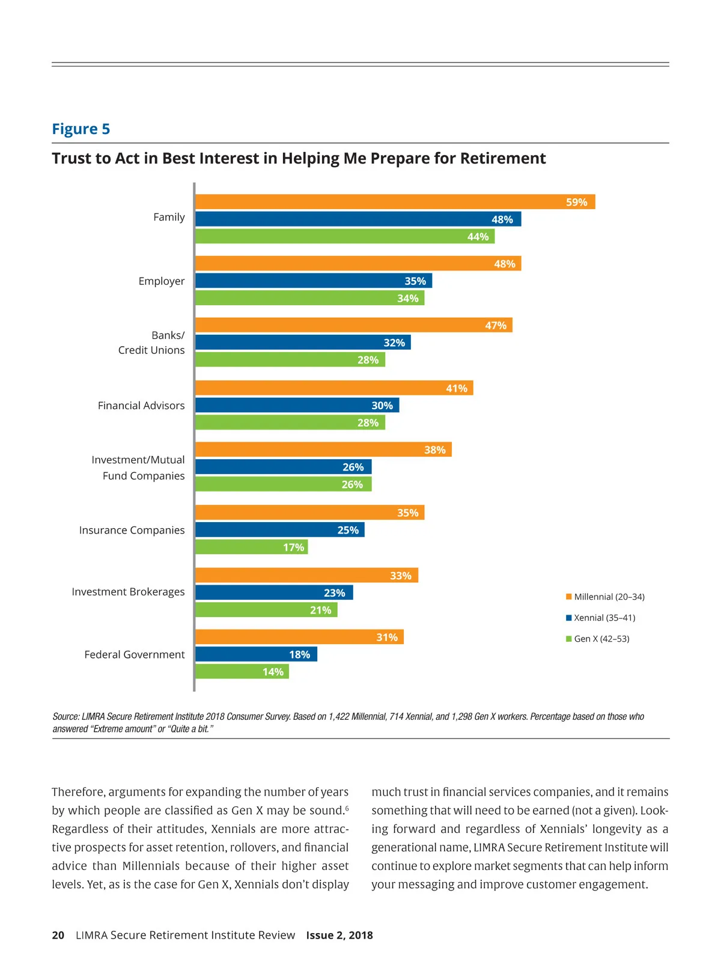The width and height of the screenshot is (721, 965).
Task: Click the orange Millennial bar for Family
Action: tap(395, 202)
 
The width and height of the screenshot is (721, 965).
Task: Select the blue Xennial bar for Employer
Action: tap(313, 281)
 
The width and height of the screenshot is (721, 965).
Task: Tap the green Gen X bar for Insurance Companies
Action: tap(251, 547)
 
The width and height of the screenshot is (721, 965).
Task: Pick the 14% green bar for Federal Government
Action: tap(242, 671)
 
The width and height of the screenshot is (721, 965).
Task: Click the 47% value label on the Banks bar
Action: tap(496, 326)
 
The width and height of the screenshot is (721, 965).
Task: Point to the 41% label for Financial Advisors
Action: tap(457, 388)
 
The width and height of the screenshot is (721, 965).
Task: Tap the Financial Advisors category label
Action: tap(141, 406)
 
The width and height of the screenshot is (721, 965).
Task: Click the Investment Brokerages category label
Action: tap(128, 592)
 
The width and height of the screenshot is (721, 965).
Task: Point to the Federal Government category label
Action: tap(135, 654)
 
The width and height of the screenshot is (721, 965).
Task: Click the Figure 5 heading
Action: tap(81, 129)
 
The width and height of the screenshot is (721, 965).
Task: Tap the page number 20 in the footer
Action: tap(58, 935)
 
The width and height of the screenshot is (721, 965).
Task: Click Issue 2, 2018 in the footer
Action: tap(339, 935)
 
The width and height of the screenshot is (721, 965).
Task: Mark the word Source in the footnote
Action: tap(65, 716)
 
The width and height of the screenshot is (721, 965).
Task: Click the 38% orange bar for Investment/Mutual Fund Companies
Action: tap(323, 449)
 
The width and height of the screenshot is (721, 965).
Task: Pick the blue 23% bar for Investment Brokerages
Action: tap(274, 592)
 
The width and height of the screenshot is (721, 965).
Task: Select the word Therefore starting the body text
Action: tap(78, 792)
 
